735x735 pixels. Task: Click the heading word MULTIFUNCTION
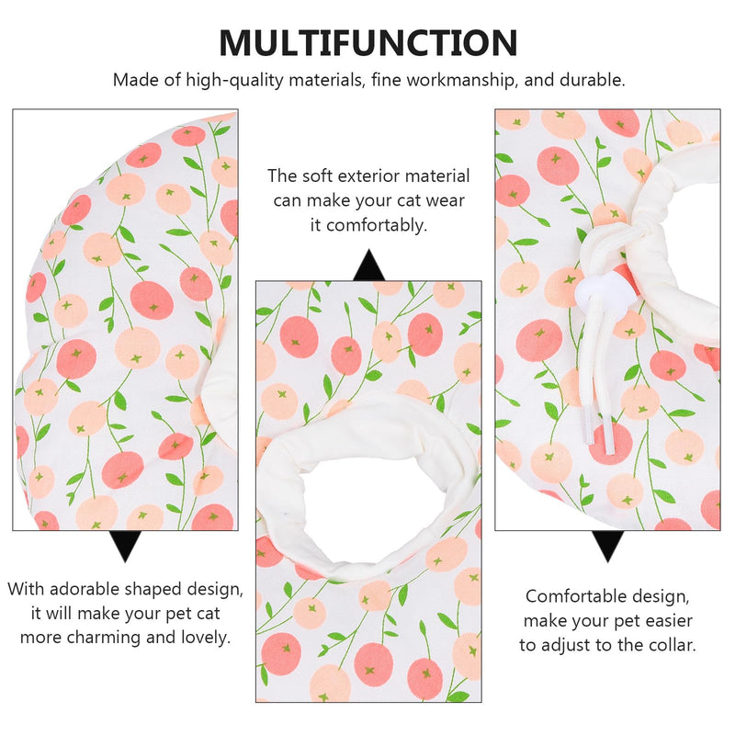coord(368,42)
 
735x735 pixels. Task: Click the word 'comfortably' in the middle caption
coord(377,226)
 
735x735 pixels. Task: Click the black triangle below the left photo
coord(125,545)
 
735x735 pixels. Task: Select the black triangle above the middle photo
coord(369,266)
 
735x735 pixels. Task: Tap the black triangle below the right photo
coord(607,545)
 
